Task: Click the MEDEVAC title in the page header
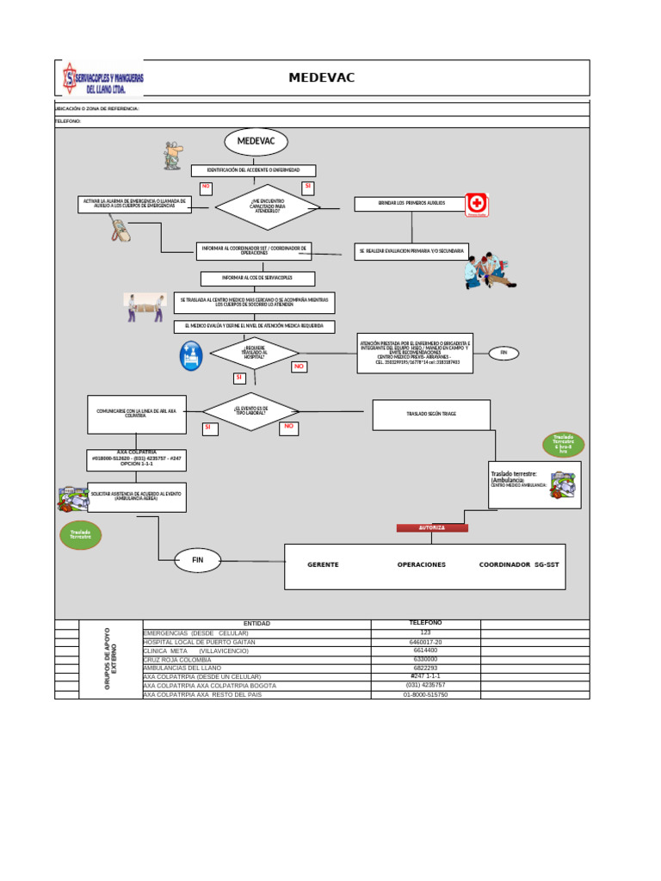point(321,78)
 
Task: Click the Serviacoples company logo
point(102,79)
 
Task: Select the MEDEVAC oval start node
point(256,142)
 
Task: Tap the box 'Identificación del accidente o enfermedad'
point(253,170)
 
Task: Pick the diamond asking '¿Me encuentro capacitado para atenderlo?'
point(267,207)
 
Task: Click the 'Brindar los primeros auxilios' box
point(411,204)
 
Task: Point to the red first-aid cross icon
point(476,205)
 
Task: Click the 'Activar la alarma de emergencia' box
point(134,204)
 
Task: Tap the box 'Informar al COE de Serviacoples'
point(257,279)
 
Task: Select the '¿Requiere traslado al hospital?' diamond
point(255,353)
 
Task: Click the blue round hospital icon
point(191,355)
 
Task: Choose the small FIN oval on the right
point(503,353)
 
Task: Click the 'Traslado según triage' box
point(431,414)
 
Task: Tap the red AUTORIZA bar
point(432,527)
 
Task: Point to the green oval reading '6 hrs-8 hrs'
point(563,445)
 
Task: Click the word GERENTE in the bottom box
point(323,565)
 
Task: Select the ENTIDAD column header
point(256,624)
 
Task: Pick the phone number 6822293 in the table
point(425,668)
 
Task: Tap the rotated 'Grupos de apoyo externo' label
point(110,659)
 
